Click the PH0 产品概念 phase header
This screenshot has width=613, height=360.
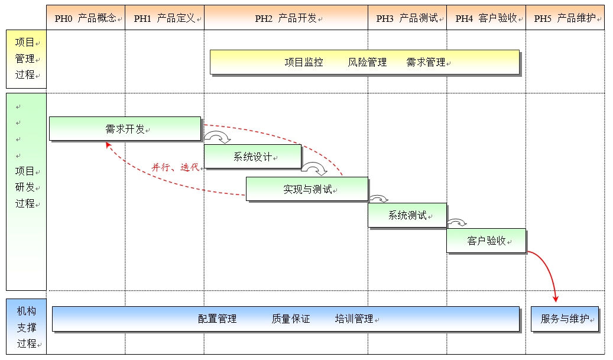pyautogui.click(x=86, y=18)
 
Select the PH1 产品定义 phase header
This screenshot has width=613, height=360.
pyautogui.click(x=164, y=18)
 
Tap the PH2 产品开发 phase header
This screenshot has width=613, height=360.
pyautogui.click(x=286, y=18)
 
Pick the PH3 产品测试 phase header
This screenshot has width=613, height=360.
pyautogui.click(x=407, y=18)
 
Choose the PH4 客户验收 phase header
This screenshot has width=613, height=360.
pyautogui.click(x=486, y=18)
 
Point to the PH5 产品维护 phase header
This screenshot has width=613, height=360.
pyautogui.click(x=565, y=18)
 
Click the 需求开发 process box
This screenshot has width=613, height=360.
pyautogui.click(x=125, y=129)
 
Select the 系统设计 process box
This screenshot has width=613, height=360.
pyautogui.click(x=252, y=157)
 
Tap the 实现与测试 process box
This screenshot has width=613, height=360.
pyautogui.click(x=307, y=189)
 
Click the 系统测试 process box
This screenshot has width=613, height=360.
pyautogui.click(x=407, y=215)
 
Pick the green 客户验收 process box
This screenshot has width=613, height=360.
pyautogui.click(x=486, y=241)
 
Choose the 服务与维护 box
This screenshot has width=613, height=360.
pyautogui.click(x=565, y=319)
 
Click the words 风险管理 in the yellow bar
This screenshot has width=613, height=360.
pyautogui.click(x=367, y=62)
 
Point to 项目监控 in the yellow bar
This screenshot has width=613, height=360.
pyautogui.click(x=304, y=62)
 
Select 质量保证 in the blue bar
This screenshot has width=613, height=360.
pyautogui.click(x=291, y=319)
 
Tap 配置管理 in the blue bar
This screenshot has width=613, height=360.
pyautogui.click(x=218, y=319)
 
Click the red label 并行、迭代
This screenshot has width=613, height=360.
pyautogui.click(x=175, y=167)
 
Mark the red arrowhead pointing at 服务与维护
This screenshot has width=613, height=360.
pyautogui.click(x=556, y=299)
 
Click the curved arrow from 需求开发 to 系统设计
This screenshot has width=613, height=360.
pyautogui.click(x=218, y=137)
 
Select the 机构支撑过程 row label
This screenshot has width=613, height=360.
pyautogui.click(x=26, y=327)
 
